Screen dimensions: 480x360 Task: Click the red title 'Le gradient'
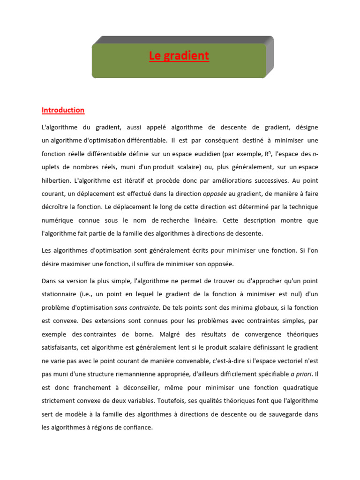tap(179, 56)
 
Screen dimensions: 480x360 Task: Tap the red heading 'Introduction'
tap(63, 110)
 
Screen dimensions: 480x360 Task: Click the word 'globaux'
tap(253, 308)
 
